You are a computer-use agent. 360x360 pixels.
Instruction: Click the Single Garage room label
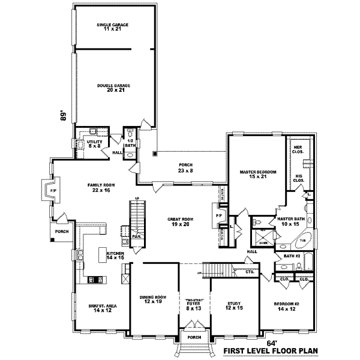tap(113, 27)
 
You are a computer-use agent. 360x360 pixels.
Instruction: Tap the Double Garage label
tap(114, 88)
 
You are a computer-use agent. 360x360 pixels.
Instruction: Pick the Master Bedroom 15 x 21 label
tap(257, 174)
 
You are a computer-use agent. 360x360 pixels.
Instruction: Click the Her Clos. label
tap(297, 151)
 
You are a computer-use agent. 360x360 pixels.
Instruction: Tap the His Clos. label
tap(297, 178)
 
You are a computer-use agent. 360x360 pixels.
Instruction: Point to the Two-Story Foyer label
tap(193, 304)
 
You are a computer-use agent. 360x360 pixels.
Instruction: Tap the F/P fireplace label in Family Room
tap(52, 192)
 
